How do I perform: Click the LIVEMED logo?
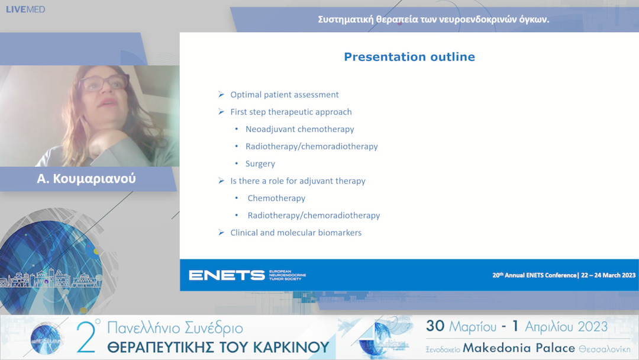[25, 9]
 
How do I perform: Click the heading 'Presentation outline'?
[409, 57]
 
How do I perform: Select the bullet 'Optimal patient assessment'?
[285, 95]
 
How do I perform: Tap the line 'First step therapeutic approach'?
[291, 112]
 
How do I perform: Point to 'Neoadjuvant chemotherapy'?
[300, 129]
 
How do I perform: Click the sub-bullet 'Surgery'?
[260, 163]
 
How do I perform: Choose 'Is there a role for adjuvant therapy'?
[298, 181]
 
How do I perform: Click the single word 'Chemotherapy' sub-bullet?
[276, 198]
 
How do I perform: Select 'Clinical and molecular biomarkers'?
[296, 233]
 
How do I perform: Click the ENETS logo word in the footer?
[227, 275]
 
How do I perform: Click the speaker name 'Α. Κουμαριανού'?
[86, 178]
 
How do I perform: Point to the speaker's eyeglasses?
[104, 82]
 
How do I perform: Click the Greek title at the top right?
[434, 19]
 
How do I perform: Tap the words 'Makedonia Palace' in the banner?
[519, 348]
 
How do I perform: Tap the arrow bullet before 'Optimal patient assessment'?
[221, 95]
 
